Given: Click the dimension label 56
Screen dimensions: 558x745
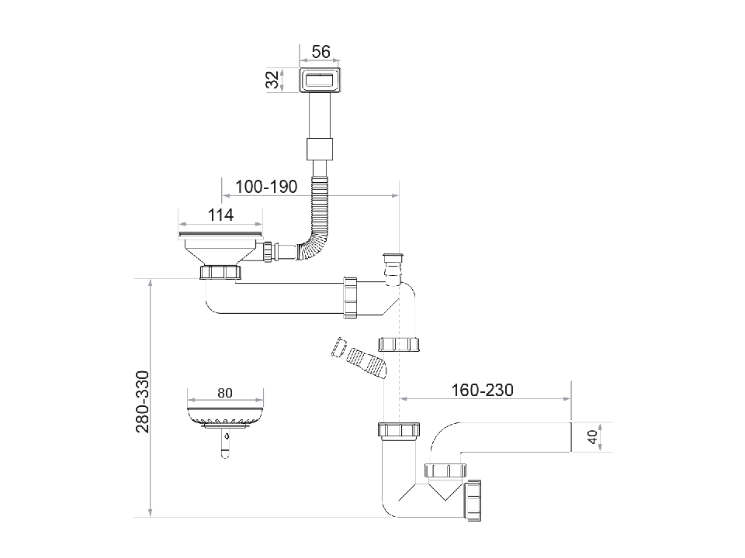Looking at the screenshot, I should click(x=321, y=52).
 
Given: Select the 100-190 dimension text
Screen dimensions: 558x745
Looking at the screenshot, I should click(x=266, y=187).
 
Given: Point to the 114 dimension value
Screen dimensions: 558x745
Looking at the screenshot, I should click(x=220, y=215).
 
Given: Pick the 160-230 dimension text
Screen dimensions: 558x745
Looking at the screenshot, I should click(x=482, y=390).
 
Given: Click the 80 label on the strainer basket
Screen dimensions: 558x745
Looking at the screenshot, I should click(x=224, y=393).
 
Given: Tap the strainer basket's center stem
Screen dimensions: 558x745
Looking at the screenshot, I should click(x=225, y=442).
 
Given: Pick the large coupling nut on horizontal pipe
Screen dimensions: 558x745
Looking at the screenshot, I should click(x=350, y=297).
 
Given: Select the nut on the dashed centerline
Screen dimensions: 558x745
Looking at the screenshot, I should click(x=399, y=345).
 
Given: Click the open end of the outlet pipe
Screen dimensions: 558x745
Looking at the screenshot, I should click(x=570, y=438).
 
